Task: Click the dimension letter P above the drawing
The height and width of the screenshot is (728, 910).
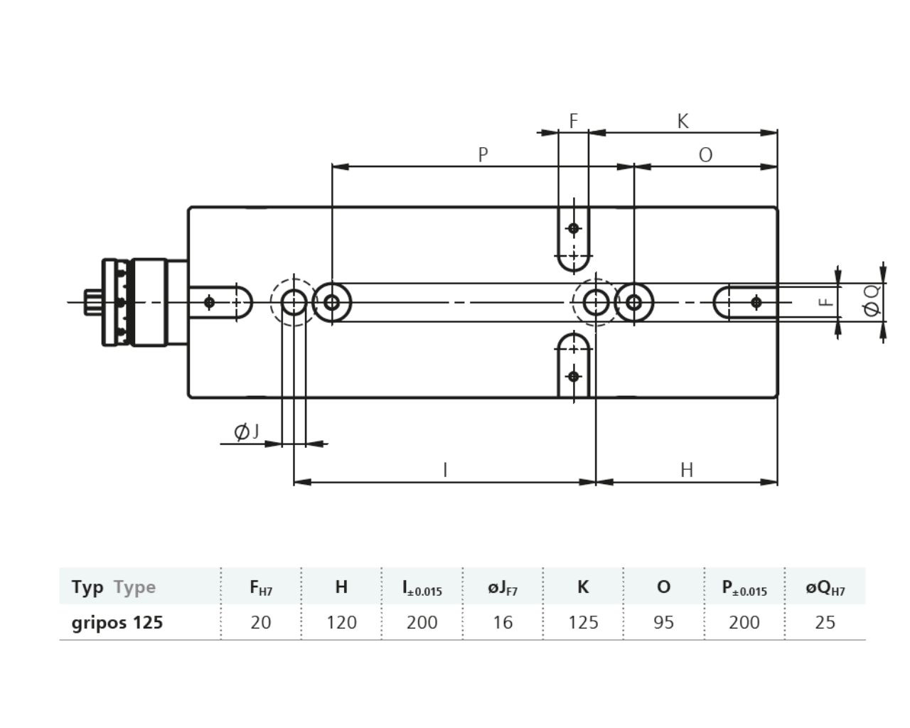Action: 483,155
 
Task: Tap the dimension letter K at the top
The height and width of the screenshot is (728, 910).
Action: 683,122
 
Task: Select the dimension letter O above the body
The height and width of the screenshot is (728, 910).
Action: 705,155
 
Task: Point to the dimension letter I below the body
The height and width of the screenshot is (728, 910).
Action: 445,470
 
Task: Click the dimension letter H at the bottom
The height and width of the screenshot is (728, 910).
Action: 687,470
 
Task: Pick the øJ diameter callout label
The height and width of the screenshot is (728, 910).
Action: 247,432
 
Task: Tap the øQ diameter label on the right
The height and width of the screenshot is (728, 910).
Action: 872,301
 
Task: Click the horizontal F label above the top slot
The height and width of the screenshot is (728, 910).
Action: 574,122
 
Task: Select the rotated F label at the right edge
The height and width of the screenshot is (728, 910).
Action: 826,302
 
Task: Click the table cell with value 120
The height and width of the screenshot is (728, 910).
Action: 341,622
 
